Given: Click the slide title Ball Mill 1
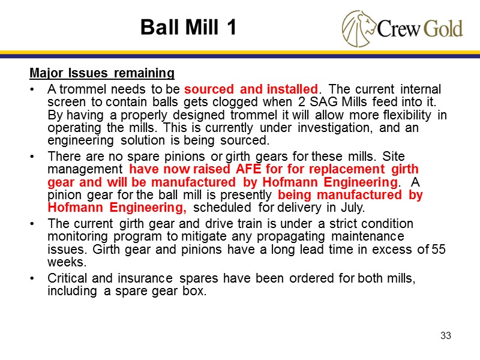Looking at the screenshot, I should coord(188,27).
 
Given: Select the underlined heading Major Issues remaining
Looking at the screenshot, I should coord(102,74).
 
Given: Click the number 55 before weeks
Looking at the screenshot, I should coord(439,248).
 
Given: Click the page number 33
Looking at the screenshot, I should coord(445,335).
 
